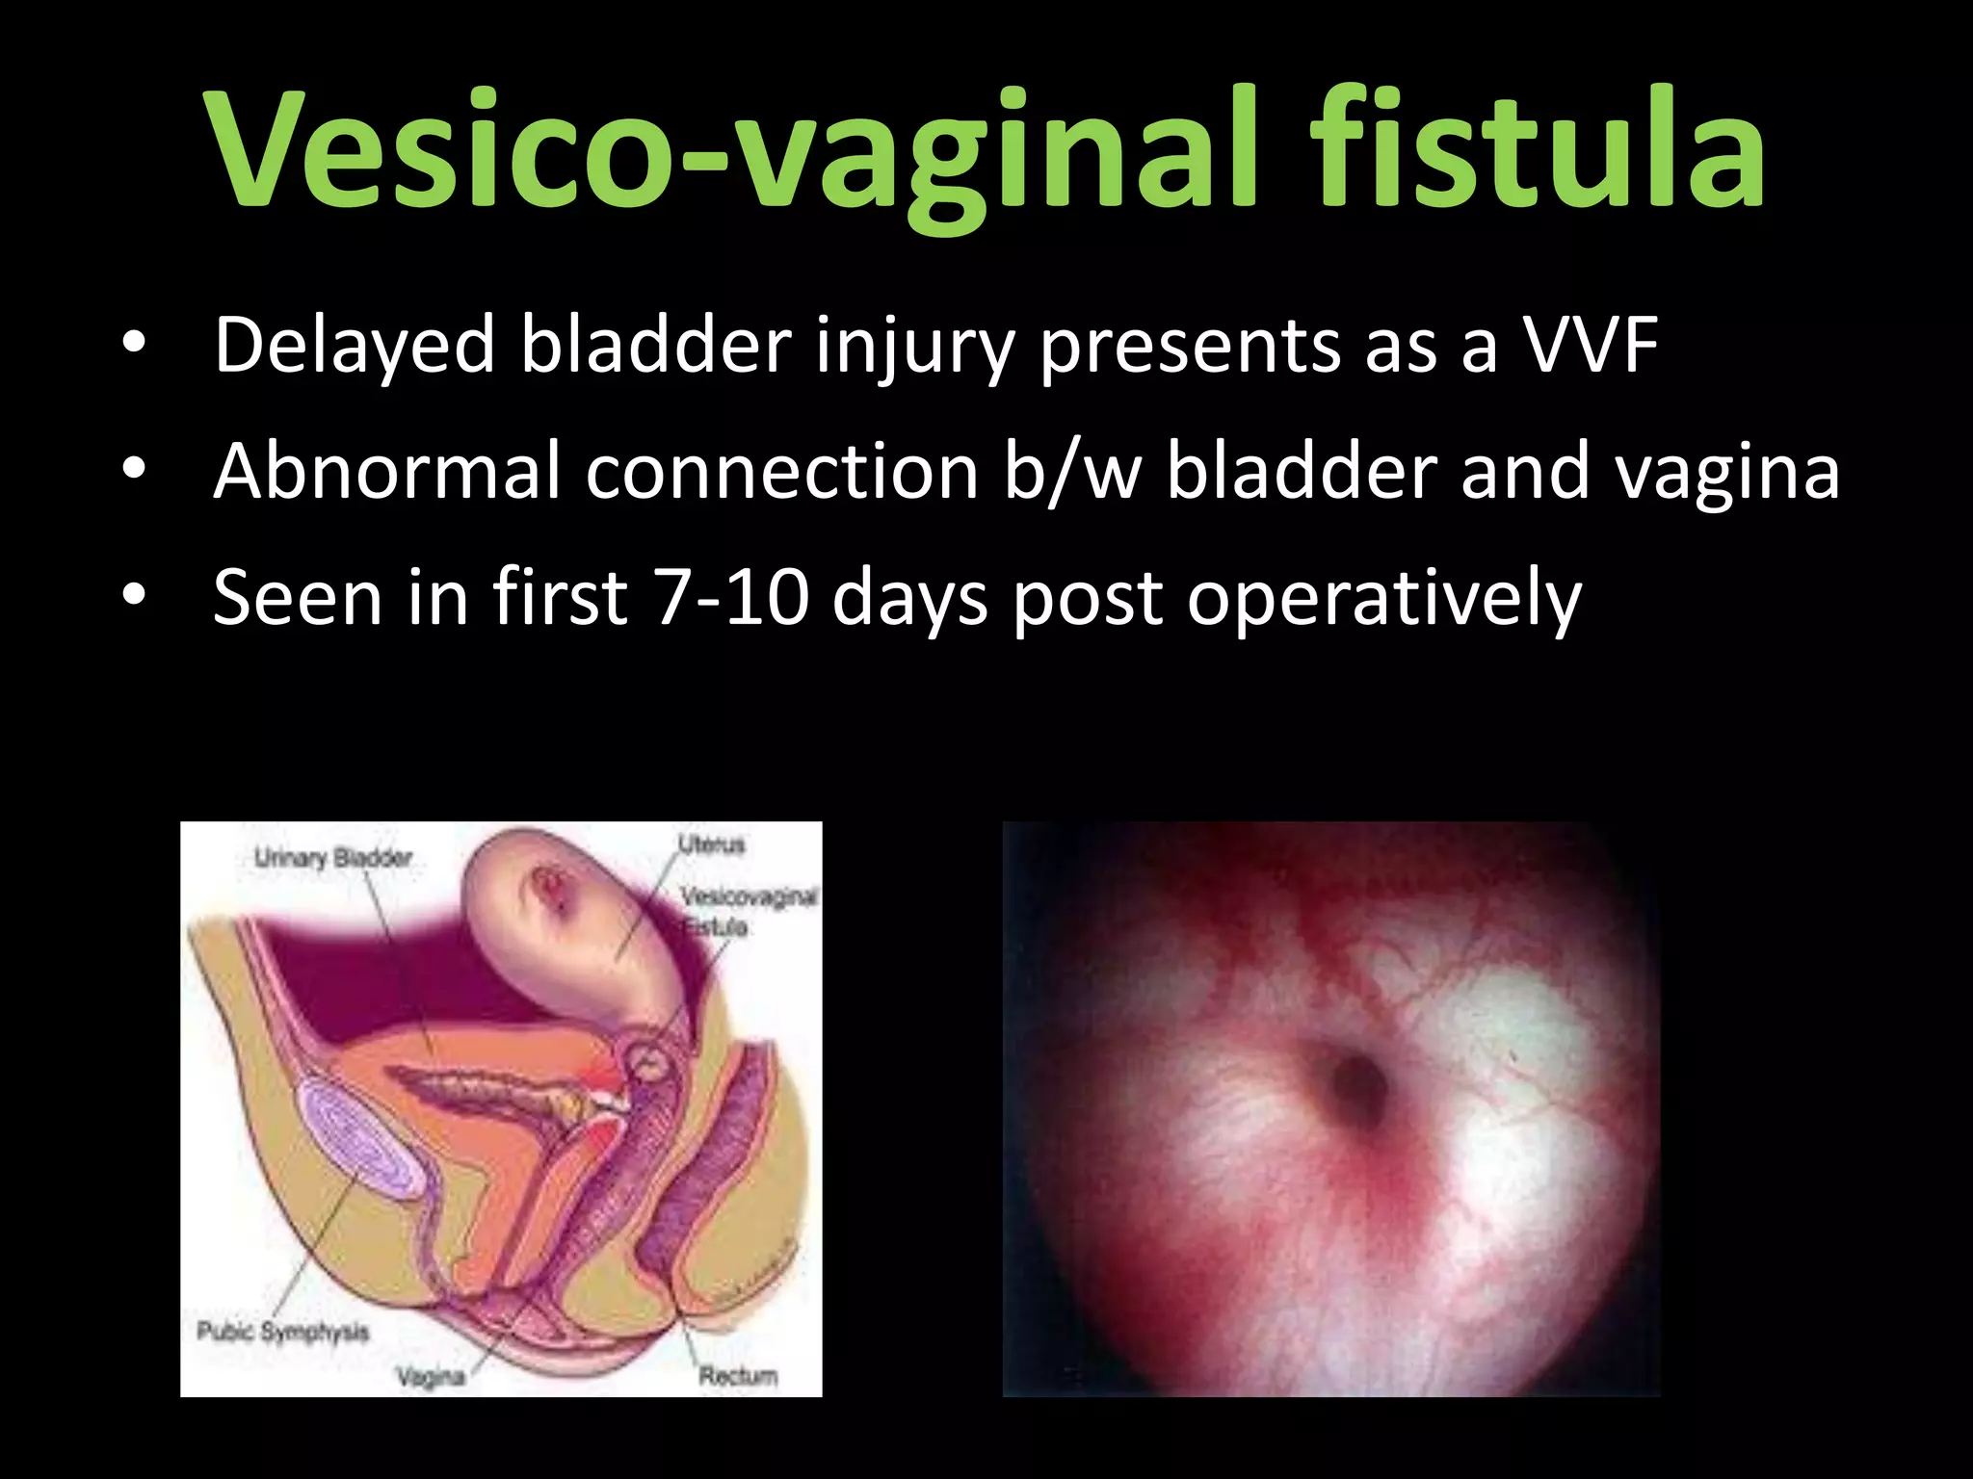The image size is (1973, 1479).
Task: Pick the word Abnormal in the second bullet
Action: [x=386, y=471]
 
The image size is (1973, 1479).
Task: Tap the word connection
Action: [x=781, y=471]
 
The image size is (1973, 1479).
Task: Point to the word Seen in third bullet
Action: [x=297, y=597]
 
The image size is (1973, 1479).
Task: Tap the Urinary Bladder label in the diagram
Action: [x=333, y=857]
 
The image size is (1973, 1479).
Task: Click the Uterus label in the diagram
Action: [x=711, y=844]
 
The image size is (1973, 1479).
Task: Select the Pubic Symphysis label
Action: [x=282, y=1332]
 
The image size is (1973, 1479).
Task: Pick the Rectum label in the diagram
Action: [x=737, y=1376]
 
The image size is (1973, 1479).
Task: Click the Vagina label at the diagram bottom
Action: [x=431, y=1377]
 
